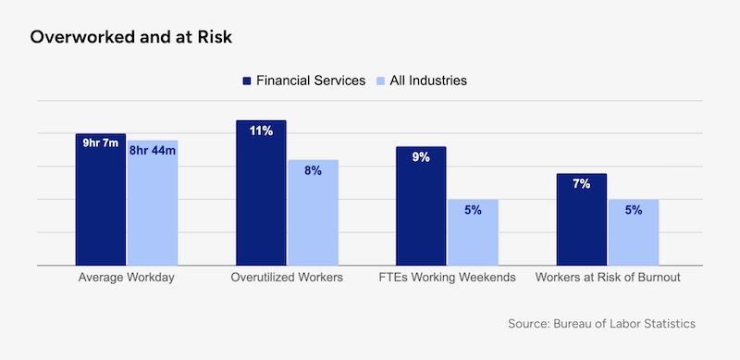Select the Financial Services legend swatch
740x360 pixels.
(x=247, y=81)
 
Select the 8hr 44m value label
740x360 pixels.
(x=153, y=150)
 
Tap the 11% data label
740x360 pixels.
(x=261, y=130)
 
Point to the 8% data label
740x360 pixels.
(x=313, y=170)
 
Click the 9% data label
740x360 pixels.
(x=421, y=157)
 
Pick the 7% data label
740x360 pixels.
(x=581, y=183)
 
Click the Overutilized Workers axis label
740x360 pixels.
(x=287, y=278)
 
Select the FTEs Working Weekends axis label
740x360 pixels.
(x=447, y=278)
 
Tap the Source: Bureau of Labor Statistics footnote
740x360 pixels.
(x=601, y=324)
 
